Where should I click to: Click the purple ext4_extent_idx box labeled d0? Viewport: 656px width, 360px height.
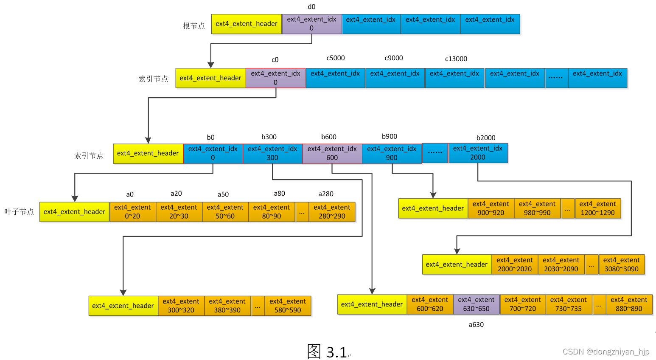(311, 24)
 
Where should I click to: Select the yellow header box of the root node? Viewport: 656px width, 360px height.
(246, 24)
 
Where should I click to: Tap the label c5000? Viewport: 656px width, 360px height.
(335, 58)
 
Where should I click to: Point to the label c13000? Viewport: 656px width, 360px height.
(456, 59)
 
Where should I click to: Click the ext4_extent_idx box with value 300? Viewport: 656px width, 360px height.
(272, 153)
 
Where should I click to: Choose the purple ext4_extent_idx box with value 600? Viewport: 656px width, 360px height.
(332, 153)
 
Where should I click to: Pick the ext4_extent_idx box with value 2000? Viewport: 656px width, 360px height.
(478, 153)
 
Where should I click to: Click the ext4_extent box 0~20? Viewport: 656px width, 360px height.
(132, 212)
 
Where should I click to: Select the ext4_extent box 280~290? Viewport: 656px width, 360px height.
(332, 212)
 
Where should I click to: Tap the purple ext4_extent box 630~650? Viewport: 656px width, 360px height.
(476, 304)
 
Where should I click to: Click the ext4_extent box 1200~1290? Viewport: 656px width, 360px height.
(597, 208)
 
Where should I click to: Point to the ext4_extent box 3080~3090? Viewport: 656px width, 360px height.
(621, 264)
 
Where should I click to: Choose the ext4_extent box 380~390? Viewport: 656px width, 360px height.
(227, 306)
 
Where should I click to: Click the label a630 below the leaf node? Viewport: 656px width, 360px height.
(476, 325)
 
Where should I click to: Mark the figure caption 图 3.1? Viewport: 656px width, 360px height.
(327, 352)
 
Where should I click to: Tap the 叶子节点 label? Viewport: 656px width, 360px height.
(19, 212)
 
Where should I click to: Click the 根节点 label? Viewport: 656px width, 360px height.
(194, 26)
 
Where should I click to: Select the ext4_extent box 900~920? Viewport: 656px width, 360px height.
(491, 208)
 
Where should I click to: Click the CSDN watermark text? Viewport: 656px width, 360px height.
(606, 352)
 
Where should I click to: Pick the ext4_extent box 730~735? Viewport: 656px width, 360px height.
(568, 304)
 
